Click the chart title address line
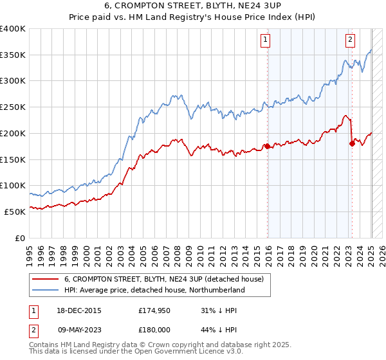click(192, 8)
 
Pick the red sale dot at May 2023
click(352, 143)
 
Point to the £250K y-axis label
click(13, 107)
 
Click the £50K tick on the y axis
click(15, 212)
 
